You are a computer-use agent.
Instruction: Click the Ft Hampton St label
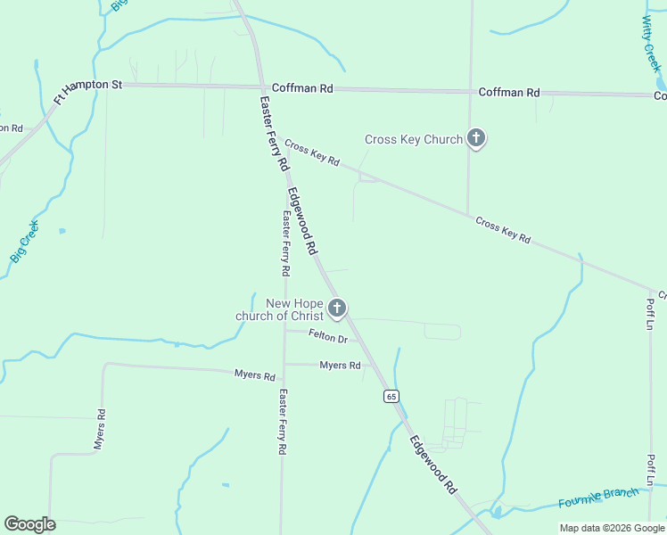[x=87, y=92]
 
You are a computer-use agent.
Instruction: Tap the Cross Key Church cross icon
[x=476, y=138]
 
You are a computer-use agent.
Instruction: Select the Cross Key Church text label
[x=414, y=139]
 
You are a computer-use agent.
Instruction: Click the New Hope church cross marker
[x=337, y=309]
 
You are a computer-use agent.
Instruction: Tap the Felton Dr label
[x=327, y=337]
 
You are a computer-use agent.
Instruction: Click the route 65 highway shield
[x=391, y=396]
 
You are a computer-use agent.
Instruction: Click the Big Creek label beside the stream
[x=25, y=241]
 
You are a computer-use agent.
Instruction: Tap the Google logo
[x=29, y=524]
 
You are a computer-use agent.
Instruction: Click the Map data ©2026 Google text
[x=611, y=528]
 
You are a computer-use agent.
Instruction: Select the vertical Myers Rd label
[x=101, y=429]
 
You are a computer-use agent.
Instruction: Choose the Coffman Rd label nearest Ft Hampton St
[x=302, y=88]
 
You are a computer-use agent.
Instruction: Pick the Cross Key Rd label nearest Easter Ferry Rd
[x=313, y=155]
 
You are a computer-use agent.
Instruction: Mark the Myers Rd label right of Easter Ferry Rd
[x=340, y=366]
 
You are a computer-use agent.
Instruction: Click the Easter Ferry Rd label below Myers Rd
[x=282, y=422]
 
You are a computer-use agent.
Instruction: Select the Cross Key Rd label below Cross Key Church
[x=503, y=229]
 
